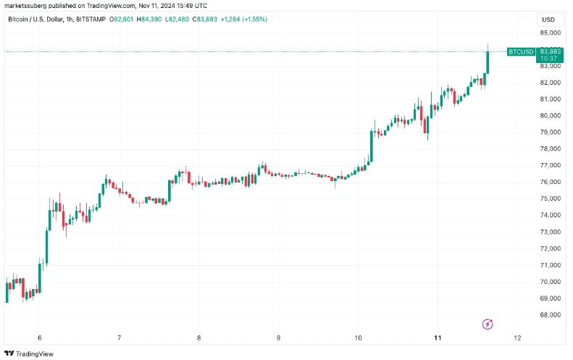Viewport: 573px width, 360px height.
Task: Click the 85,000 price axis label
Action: pyautogui.click(x=550, y=33)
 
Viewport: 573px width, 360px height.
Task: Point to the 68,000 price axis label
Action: pyautogui.click(x=550, y=314)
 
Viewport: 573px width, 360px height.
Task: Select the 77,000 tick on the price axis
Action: pyautogui.click(x=550, y=165)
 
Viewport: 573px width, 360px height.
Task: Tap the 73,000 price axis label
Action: pyautogui.click(x=550, y=232)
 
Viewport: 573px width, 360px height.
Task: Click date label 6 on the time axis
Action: pyautogui.click(x=39, y=338)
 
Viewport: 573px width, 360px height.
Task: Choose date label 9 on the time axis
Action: pyautogui.click(x=278, y=338)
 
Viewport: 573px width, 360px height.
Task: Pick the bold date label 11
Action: pyautogui.click(x=438, y=338)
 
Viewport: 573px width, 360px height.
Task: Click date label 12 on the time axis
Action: pyautogui.click(x=517, y=338)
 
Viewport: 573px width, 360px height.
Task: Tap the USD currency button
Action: pyautogui.click(x=548, y=20)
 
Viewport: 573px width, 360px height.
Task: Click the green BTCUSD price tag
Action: pyautogui.click(x=521, y=52)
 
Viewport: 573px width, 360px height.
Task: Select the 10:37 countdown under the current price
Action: pyautogui.click(x=549, y=59)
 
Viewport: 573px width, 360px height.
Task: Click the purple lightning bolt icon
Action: pyautogui.click(x=488, y=324)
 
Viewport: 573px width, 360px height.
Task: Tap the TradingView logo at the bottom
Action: pyautogui.click(x=29, y=353)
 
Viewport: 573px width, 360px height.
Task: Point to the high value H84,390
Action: pyautogui.click(x=149, y=20)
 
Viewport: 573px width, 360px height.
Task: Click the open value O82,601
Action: pyautogui.click(x=121, y=20)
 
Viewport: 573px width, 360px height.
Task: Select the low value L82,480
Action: pyautogui.click(x=177, y=20)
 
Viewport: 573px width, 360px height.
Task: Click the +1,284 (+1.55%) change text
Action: pyautogui.click(x=243, y=20)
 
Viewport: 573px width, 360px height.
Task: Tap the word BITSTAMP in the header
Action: pyautogui.click(x=91, y=20)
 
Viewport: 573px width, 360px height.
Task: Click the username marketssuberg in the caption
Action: pyautogui.click(x=25, y=6)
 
